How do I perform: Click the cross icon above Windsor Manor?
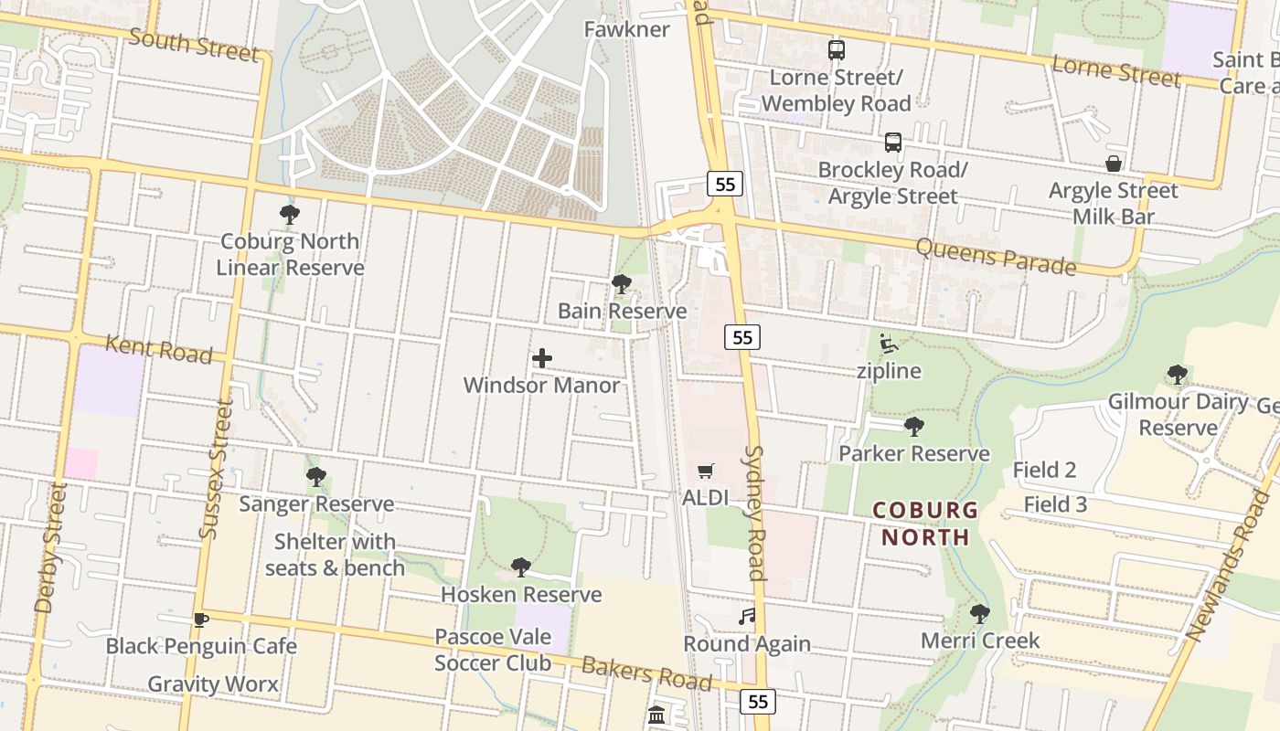[542, 358]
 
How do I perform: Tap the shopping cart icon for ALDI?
[705, 471]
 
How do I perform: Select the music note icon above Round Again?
[747, 617]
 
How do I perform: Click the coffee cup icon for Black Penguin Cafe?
[200, 620]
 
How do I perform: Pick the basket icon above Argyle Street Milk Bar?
[1114, 164]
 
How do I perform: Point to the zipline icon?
[888, 344]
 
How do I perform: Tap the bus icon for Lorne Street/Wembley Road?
[837, 50]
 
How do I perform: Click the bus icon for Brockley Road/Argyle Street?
[893, 143]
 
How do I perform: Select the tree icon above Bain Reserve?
[622, 284]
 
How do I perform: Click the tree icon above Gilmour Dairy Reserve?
[1178, 375]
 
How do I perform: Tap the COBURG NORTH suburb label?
[925, 524]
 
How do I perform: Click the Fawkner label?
[627, 29]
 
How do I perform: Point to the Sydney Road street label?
[754, 513]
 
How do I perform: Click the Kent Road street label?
[159, 349]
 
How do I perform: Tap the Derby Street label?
[50, 548]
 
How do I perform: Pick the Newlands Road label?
[1228, 567]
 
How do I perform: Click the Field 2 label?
[1044, 471]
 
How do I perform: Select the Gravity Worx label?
[213, 683]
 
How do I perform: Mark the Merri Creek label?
[980, 641]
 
